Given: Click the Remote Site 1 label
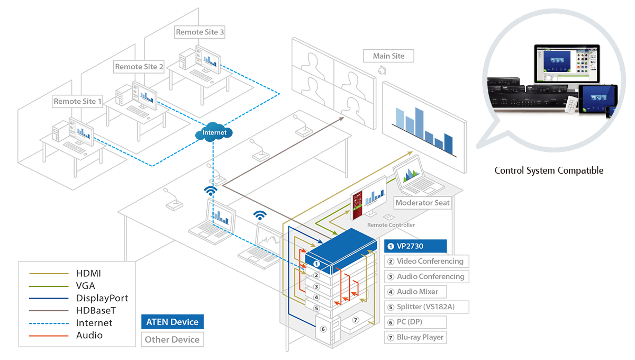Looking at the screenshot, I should (x=78, y=101).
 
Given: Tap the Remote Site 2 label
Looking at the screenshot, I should (x=139, y=67).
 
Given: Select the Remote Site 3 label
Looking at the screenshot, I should (x=200, y=32).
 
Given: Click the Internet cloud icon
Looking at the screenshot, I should (x=214, y=133).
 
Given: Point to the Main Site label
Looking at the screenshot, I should (x=388, y=56).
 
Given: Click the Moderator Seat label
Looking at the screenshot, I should (x=422, y=203).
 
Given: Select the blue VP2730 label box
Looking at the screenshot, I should (x=415, y=246).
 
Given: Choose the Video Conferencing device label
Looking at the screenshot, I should (x=426, y=261).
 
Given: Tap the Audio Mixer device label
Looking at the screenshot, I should (x=415, y=291).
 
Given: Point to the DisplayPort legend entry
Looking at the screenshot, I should (x=102, y=298).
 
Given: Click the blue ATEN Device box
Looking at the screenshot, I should (x=172, y=321).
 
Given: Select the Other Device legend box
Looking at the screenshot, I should (x=172, y=339).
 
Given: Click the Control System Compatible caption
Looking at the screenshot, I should (x=549, y=170).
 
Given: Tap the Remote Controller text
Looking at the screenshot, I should (x=391, y=225).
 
